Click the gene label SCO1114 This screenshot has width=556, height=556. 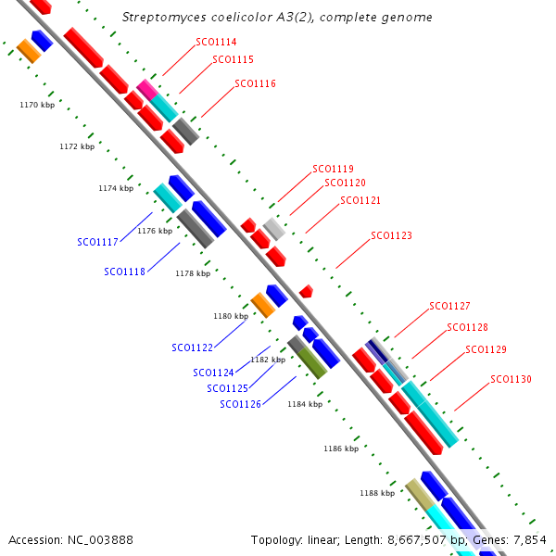(216, 42)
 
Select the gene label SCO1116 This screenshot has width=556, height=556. (255, 83)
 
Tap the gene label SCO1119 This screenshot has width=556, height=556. (333, 169)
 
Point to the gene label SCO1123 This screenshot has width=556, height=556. (391, 235)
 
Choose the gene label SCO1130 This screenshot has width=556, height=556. (511, 379)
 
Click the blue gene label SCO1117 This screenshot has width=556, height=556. (97, 242)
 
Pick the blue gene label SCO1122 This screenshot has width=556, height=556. (192, 347)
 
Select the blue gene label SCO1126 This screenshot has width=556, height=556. (240, 404)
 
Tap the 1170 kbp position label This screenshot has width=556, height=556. (37, 105)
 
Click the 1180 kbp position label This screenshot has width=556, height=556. (231, 316)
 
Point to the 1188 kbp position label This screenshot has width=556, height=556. (377, 493)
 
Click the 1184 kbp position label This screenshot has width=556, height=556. (304, 404)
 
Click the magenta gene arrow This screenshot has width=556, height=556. (146, 89)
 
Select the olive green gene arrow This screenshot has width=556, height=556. (311, 362)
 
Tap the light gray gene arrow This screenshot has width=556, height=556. (273, 228)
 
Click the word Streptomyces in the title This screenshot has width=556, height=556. (161, 18)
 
